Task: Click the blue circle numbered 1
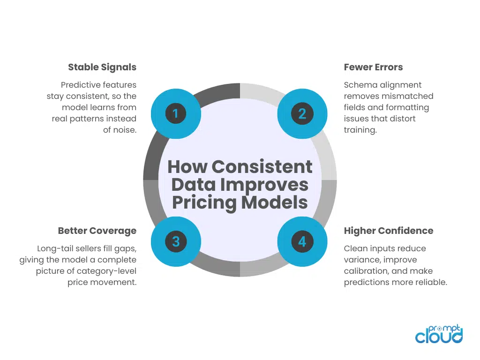[x=176, y=113]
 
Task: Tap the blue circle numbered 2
[x=302, y=113]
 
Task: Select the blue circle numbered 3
[x=176, y=241]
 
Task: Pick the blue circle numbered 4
[x=302, y=241]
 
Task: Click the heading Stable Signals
[x=102, y=67]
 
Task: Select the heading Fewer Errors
[x=373, y=67]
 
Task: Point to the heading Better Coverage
[x=97, y=231]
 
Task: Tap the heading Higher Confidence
[x=389, y=231]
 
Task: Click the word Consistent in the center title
[x=262, y=167]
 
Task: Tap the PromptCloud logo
[x=439, y=334]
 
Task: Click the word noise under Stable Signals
[x=125, y=130]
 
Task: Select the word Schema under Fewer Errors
[x=360, y=85]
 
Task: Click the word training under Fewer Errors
[x=360, y=130]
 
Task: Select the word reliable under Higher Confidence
[x=431, y=282]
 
